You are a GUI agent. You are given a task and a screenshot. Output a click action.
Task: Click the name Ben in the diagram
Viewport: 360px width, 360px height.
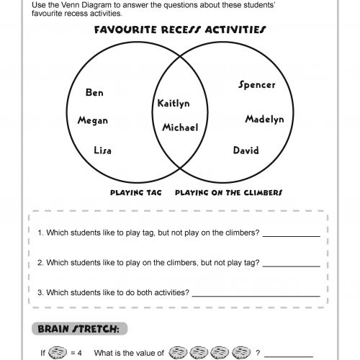click(x=94, y=93)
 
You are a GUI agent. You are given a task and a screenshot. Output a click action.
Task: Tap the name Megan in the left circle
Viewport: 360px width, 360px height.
click(x=92, y=121)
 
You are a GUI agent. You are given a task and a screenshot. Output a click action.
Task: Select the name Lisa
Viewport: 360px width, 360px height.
click(x=102, y=150)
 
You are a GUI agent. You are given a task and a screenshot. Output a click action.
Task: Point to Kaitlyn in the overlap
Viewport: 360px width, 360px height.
click(x=173, y=104)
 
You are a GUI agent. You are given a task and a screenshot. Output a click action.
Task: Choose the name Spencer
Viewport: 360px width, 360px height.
click(x=256, y=85)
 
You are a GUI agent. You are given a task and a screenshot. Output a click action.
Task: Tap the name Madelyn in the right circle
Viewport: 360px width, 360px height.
click(x=264, y=119)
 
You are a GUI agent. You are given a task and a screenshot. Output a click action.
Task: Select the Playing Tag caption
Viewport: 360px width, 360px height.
click(x=135, y=193)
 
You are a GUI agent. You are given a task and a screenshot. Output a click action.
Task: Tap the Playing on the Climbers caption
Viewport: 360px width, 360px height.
click(x=228, y=193)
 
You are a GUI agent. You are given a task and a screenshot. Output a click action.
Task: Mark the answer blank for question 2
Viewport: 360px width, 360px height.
click(x=292, y=264)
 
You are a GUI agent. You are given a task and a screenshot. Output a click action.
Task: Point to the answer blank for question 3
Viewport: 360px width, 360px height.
click(x=256, y=294)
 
